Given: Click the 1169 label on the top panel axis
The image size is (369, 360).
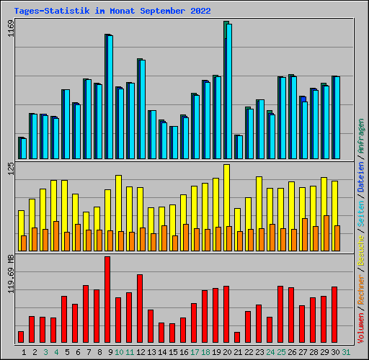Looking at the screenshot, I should (x=9, y=32).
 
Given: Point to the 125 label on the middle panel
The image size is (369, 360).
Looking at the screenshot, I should (x=9, y=170).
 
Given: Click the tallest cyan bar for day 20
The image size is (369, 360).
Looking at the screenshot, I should (x=229, y=91).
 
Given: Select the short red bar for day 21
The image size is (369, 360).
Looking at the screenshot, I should (x=237, y=337).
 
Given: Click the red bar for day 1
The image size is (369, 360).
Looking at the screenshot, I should (x=21, y=336).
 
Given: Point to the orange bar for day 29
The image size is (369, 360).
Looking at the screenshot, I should (x=326, y=233).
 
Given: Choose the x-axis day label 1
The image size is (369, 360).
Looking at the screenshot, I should (x=25, y=351).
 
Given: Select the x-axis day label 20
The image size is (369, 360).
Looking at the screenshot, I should (x=226, y=351).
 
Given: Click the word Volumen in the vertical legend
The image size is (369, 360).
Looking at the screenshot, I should (x=361, y=324).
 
